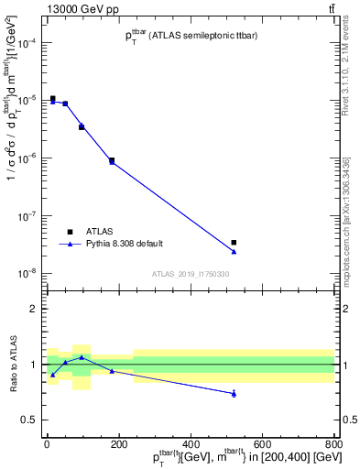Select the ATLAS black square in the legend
pos(70,231)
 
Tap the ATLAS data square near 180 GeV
pos(112,160)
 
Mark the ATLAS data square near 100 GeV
pos(82,126)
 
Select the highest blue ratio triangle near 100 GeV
pos(82,357)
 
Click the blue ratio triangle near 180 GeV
pos(112,370)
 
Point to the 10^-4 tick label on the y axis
pos(27,43)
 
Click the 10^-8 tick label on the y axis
pos(27,273)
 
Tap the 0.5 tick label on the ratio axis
pos(29,420)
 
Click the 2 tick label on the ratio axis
pos(33,309)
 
